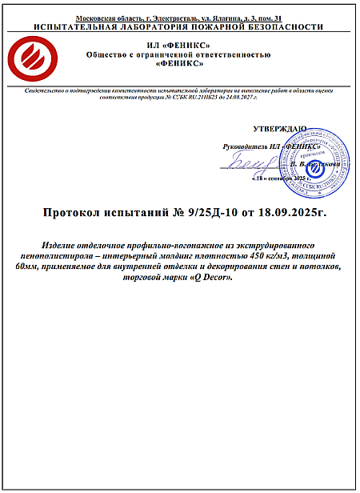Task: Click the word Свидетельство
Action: pyautogui.click(x=49, y=94)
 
